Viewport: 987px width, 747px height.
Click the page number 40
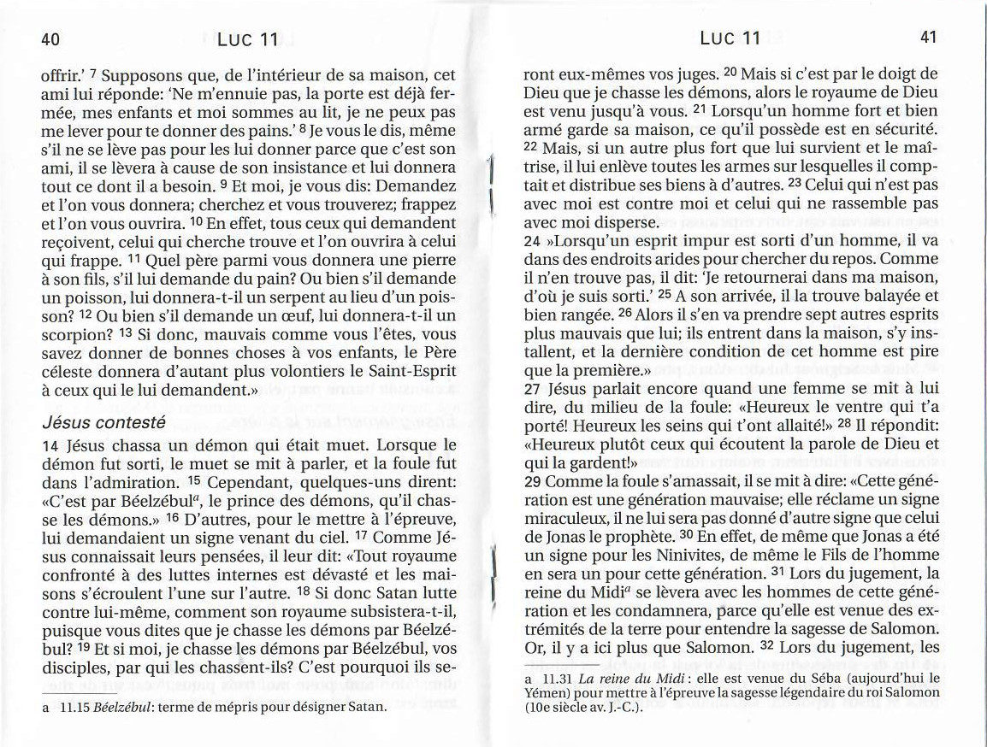pyautogui.click(x=50, y=39)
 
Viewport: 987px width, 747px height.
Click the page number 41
pyautogui.click(x=929, y=38)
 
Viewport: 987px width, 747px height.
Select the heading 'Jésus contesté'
pyautogui.click(x=103, y=422)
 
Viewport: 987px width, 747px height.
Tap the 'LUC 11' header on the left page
pyautogui.click(x=248, y=39)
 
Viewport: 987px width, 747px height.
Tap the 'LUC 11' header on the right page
pyautogui.click(x=730, y=38)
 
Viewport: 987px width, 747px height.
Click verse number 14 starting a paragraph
pyautogui.click(x=50, y=446)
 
